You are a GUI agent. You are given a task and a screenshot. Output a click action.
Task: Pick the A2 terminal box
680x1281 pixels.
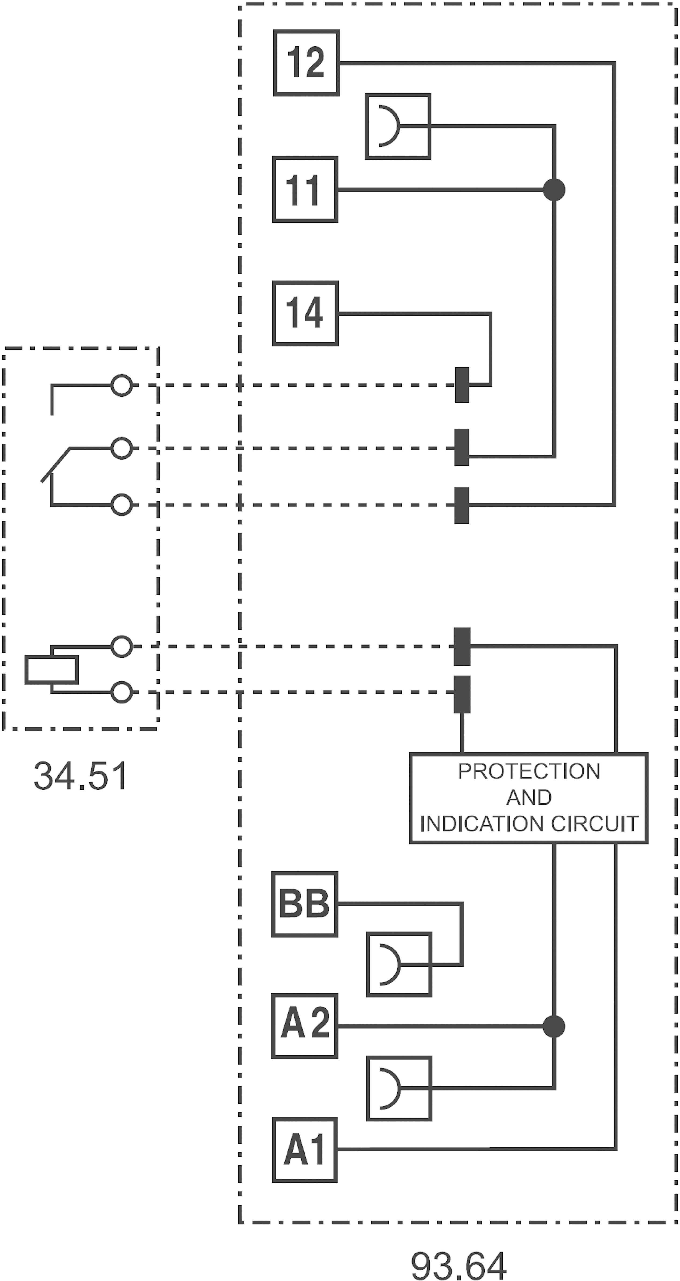click(x=305, y=1026)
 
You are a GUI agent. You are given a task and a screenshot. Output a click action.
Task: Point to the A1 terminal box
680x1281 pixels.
click(x=305, y=1150)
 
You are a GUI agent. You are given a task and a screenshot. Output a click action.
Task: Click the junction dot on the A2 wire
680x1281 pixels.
click(x=554, y=1026)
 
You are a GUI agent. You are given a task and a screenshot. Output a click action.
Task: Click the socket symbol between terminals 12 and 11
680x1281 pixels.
click(x=397, y=126)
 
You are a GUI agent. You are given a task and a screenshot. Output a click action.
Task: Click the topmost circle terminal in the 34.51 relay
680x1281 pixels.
click(x=121, y=385)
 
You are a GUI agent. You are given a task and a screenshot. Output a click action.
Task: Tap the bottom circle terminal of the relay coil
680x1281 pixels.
click(x=121, y=692)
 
